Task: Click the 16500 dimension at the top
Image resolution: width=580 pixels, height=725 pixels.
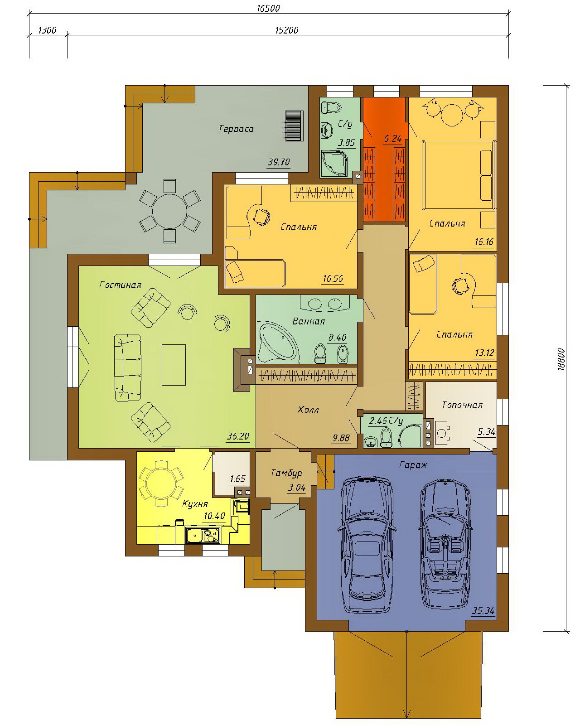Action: (268, 9)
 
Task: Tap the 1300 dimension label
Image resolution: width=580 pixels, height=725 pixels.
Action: (48, 30)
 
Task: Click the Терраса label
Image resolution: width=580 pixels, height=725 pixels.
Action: (236, 129)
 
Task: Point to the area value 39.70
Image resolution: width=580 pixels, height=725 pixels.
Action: (279, 162)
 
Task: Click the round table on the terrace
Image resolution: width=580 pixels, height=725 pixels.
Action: (169, 211)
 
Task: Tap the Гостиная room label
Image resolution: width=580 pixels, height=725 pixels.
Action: (121, 285)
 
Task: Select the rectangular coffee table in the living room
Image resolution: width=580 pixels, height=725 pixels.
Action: (174, 365)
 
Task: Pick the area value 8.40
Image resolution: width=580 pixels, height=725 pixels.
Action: (337, 337)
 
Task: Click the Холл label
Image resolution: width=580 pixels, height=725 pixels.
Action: (309, 410)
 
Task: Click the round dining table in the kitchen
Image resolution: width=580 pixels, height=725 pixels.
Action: (161, 484)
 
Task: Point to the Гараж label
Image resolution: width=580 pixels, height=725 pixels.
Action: (413, 465)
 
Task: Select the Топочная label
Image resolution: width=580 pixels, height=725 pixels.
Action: (462, 405)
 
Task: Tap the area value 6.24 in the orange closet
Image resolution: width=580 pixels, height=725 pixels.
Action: (392, 139)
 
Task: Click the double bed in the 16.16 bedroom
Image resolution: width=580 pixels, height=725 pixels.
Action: (459, 175)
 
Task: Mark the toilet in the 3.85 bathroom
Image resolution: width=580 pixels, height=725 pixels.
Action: (332, 107)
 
